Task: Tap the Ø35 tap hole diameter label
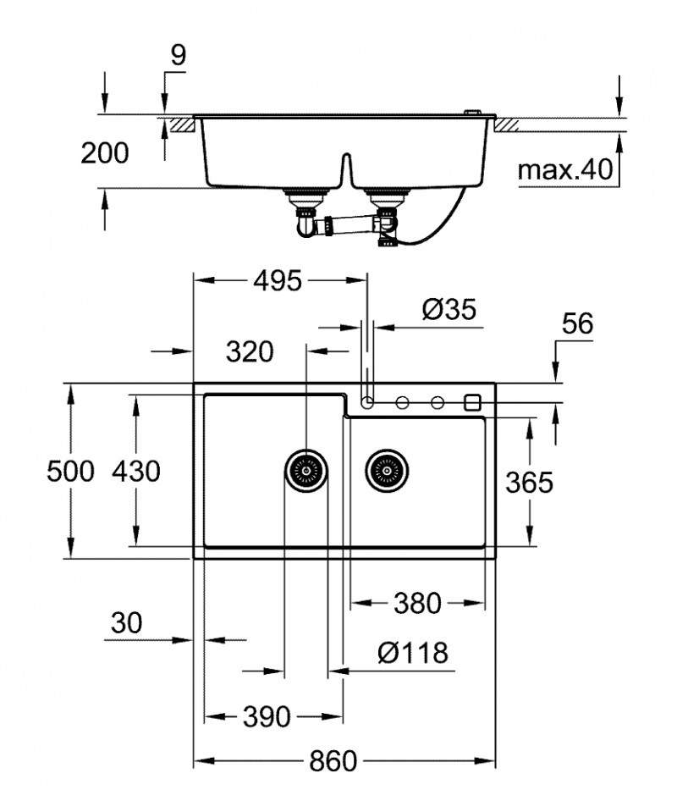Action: coord(449,311)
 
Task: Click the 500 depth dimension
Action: coord(70,471)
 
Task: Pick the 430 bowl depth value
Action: coord(135,471)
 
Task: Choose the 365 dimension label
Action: coord(529,482)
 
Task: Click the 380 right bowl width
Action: coord(417,603)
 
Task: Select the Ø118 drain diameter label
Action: coord(413,653)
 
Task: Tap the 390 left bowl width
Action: coord(267,716)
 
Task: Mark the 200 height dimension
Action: coord(105,153)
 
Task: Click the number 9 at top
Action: coord(178,55)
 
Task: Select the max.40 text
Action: coord(564,170)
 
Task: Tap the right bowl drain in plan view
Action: coord(386,468)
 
